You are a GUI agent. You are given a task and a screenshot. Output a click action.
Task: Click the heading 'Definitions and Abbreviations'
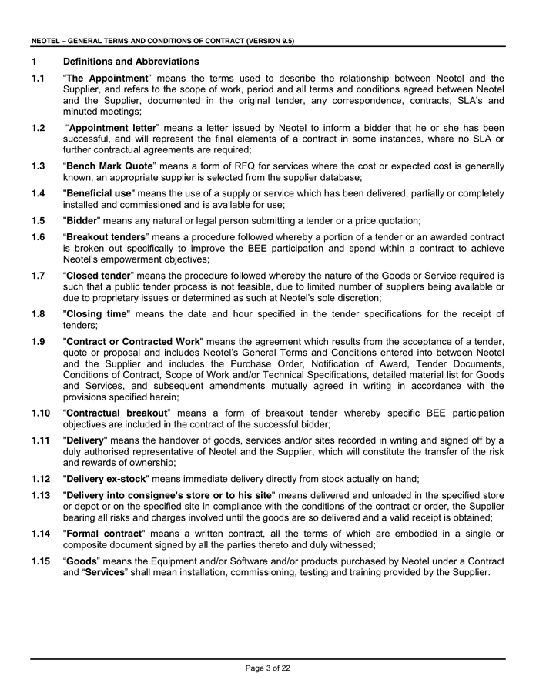tap(131, 62)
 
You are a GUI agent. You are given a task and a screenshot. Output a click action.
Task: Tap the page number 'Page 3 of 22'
tap(268, 668)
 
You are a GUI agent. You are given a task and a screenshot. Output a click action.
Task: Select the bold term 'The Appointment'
tap(108, 79)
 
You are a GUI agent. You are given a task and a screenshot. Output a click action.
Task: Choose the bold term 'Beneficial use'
tap(98, 193)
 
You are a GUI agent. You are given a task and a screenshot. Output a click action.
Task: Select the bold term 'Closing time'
tap(96, 314)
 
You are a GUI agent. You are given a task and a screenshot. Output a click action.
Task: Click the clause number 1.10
tap(42, 413)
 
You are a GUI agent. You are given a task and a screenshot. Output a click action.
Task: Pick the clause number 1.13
tap(42, 495)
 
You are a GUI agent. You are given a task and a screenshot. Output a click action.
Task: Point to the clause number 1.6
tap(39, 237)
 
